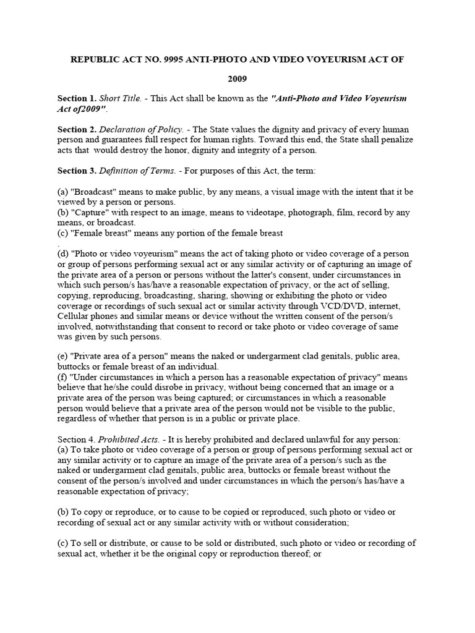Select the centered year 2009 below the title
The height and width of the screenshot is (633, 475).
(x=237, y=79)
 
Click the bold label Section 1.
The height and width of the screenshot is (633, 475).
(x=77, y=99)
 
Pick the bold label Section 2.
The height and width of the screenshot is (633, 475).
(x=77, y=129)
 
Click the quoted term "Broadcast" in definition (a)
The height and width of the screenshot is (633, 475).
(x=93, y=192)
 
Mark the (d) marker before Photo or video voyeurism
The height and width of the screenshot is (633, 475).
(x=62, y=254)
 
